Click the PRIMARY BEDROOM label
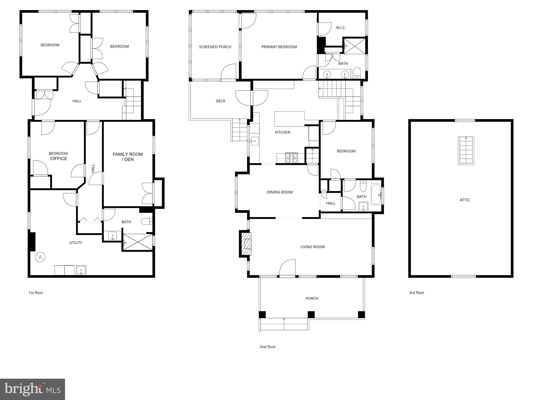(x=279, y=47)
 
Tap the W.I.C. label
(x=341, y=28)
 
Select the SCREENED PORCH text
(x=215, y=47)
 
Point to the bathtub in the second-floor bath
(x=376, y=194)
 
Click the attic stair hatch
(x=466, y=151)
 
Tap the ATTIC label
(x=465, y=200)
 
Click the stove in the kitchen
(x=291, y=158)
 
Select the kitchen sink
(x=255, y=141)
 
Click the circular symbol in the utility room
(x=40, y=257)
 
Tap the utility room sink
(x=81, y=270)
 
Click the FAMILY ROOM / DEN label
(x=128, y=157)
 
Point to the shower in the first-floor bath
(x=138, y=242)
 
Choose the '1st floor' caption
(x=36, y=293)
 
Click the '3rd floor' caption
(x=417, y=293)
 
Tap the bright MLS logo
(x=32, y=389)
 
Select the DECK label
(x=220, y=101)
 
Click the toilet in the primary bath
(x=357, y=73)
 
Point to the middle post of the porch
(x=311, y=315)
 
